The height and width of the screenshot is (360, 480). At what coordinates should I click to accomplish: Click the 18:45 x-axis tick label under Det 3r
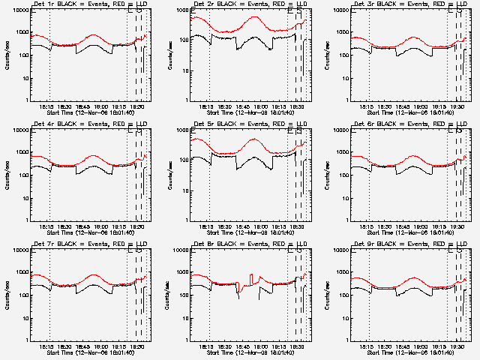[403, 107]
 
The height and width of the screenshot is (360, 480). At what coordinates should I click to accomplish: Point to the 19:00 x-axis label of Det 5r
[260, 227]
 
